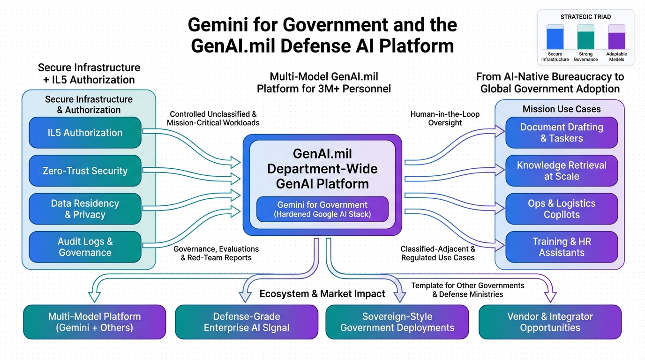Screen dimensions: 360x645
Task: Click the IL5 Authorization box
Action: [x=85, y=133]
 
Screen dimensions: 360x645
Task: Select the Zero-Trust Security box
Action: [x=85, y=171]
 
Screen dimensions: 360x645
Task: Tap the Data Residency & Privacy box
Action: [x=85, y=209]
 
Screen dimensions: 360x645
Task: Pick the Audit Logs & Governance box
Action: [x=85, y=247]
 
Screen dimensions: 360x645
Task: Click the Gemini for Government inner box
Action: [x=322, y=210]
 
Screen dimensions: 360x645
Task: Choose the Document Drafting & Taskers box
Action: [x=562, y=133]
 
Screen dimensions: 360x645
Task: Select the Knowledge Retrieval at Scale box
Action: [x=562, y=171]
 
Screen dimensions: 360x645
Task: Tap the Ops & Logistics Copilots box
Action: [x=562, y=209]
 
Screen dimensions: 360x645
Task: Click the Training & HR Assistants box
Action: [x=562, y=247]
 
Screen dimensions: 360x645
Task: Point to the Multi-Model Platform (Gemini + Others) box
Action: [x=94, y=322]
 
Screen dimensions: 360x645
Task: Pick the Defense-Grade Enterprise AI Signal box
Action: [x=246, y=322]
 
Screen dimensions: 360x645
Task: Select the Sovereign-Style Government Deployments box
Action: [x=397, y=322]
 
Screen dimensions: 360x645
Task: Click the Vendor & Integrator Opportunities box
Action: [x=550, y=322]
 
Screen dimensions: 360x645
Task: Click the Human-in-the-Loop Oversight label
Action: [x=445, y=119]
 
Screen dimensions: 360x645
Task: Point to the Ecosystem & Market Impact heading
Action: [x=322, y=294]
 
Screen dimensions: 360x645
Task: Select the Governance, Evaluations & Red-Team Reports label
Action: [x=216, y=253]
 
